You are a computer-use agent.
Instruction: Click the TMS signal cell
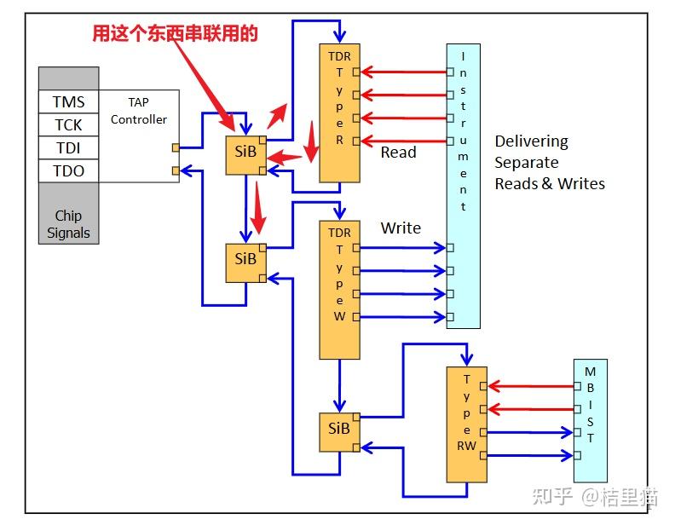click(x=68, y=102)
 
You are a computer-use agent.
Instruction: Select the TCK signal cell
click(x=68, y=125)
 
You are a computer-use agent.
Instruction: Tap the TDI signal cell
click(x=68, y=148)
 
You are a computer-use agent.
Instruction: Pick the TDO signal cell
click(x=68, y=171)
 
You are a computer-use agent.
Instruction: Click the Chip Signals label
click(x=68, y=224)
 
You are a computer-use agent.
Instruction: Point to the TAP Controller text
click(x=139, y=111)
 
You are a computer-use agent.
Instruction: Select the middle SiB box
click(x=245, y=258)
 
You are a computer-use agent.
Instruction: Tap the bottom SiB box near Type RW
click(x=339, y=429)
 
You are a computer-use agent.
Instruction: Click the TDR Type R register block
click(x=339, y=112)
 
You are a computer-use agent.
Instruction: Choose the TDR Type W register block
click(x=339, y=290)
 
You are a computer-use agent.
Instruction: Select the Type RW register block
click(x=466, y=424)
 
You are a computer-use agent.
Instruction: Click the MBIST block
click(x=591, y=421)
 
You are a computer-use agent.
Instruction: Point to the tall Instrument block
click(x=463, y=186)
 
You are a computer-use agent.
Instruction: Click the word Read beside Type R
click(x=398, y=153)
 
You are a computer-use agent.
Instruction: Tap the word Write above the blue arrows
click(x=401, y=228)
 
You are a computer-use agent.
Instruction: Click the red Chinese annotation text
click(x=175, y=33)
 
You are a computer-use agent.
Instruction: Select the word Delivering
click(x=531, y=141)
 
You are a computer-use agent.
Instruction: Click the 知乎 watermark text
click(x=552, y=496)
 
